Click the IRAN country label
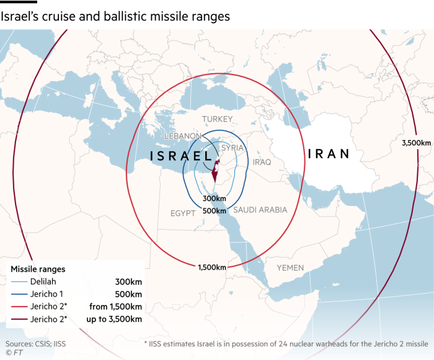point(329,154)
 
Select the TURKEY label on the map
point(217,119)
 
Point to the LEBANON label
point(182,136)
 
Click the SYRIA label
point(232,148)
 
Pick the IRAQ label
point(262,162)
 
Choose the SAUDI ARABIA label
point(260,210)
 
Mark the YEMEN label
point(290,268)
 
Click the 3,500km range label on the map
point(416,143)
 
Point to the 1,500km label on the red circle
point(211,268)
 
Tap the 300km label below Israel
point(214,199)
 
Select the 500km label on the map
point(214,211)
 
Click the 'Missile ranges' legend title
point(38,269)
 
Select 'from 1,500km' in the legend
point(116,307)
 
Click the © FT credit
point(12,353)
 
